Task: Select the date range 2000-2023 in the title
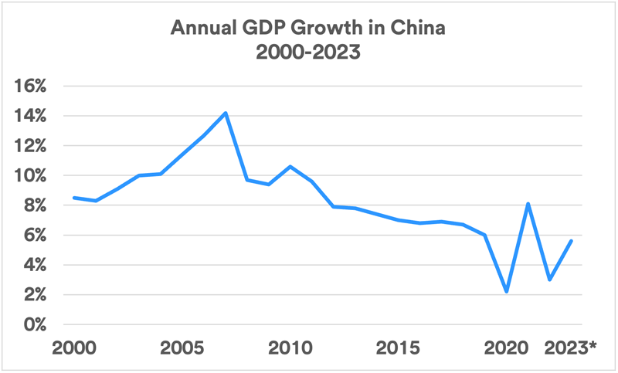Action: coord(309,54)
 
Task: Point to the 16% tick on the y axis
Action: coord(32,86)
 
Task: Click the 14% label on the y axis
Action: coord(32,116)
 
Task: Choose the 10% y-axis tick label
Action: coord(32,176)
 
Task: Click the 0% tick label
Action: coord(36,325)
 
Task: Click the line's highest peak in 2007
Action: coord(226,113)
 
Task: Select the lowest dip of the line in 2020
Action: coord(507,292)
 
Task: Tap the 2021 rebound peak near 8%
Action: coord(528,204)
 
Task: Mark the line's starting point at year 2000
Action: coord(74,198)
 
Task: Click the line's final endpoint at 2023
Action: coord(572,241)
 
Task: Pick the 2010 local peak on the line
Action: coord(290,166)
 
